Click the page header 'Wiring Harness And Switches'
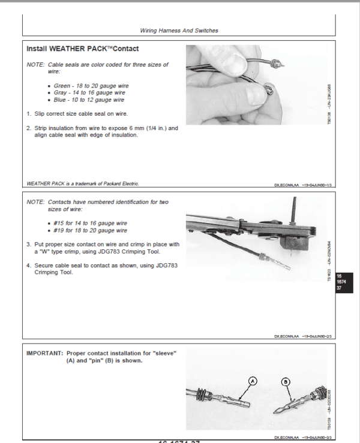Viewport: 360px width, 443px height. point(179,30)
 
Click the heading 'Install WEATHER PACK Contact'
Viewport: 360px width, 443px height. point(83,49)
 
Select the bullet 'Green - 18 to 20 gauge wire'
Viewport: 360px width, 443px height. point(91,86)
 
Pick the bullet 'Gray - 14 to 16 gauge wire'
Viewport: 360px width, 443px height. point(89,93)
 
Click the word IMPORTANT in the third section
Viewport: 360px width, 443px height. point(45,354)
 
